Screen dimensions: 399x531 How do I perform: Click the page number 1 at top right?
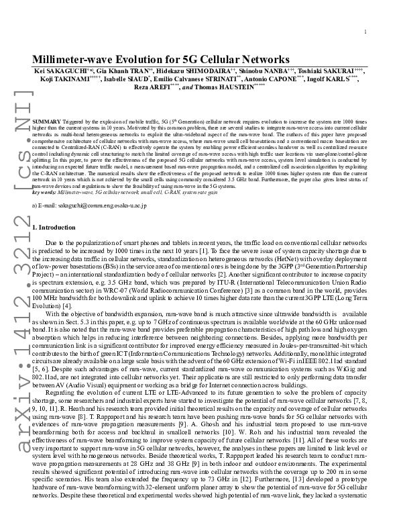(365, 32)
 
